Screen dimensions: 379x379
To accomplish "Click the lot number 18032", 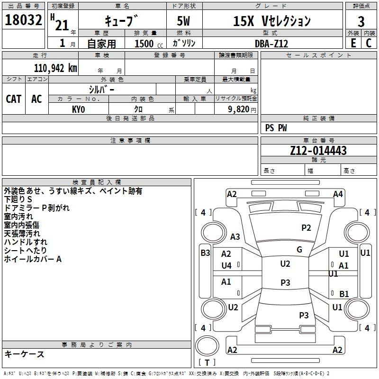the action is (23, 20).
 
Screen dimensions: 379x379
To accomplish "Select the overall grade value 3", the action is (361, 21).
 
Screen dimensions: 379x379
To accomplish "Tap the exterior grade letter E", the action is (353, 43).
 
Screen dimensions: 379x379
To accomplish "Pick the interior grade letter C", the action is (369, 43).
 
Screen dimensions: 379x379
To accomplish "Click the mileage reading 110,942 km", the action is (55, 68).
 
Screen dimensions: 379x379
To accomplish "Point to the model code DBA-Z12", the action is (271, 44).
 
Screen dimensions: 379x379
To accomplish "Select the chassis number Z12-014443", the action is (318, 151).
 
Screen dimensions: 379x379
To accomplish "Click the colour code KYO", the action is (78, 109).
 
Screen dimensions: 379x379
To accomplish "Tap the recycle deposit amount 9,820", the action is (239, 109).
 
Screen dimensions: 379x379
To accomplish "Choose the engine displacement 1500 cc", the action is (149, 44).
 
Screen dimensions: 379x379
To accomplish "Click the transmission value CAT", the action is (14, 99).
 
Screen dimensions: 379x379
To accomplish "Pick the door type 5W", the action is (183, 21).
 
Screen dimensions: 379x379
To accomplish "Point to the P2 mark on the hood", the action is (306, 228).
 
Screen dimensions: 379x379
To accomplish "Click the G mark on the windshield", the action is (299, 250).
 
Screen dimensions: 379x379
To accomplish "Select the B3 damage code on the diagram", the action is (205, 253).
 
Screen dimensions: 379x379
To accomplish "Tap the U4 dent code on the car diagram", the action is (226, 266).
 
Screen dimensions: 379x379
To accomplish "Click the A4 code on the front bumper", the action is (338, 194).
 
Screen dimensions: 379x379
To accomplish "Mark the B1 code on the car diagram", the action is (344, 294).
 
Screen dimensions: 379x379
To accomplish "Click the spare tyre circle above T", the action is (207, 346).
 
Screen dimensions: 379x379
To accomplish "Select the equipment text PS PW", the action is (276, 128).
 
